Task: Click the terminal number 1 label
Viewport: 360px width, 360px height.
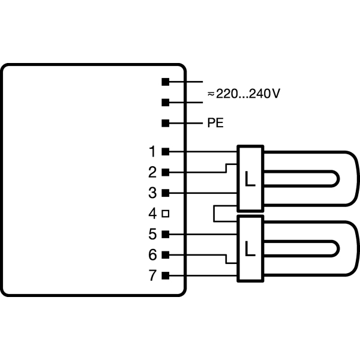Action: tap(152, 152)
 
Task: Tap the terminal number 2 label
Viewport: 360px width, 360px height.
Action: tap(152, 172)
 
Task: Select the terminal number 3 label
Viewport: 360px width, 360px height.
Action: tap(152, 193)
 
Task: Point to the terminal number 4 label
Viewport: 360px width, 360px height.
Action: tap(152, 214)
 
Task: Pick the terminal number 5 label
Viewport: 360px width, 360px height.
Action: tap(152, 235)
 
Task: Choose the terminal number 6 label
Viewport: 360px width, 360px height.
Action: tap(152, 255)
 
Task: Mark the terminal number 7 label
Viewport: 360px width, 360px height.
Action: tap(152, 275)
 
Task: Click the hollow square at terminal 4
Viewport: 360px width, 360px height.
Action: tap(166, 214)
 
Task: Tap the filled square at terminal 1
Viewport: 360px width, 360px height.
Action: tap(166, 152)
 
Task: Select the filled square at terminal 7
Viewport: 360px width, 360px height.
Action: tap(166, 275)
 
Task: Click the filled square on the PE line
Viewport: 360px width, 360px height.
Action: tap(166, 123)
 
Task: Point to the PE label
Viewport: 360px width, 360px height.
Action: tap(215, 123)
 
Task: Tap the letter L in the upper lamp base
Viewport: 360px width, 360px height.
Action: tap(250, 179)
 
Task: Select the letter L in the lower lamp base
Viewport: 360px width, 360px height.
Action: tap(250, 248)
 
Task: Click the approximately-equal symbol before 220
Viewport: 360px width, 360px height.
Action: tap(211, 94)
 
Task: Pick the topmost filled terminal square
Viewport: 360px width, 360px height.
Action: tap(166, 82)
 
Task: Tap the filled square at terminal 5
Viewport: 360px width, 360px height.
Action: tap(166, 235)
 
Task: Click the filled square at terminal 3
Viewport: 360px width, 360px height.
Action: tap(166, 193)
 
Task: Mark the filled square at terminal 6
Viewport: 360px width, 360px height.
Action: tap(166, 255)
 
